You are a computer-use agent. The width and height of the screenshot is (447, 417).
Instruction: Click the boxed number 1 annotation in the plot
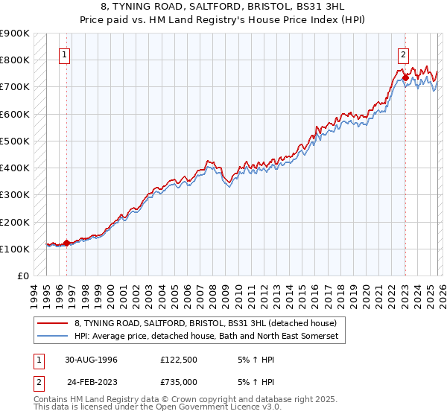(x=65, y=54)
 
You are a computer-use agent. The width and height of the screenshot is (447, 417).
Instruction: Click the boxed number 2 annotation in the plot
(x=403, y=54)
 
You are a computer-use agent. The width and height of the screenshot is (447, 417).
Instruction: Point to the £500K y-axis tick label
(x=15, y=141)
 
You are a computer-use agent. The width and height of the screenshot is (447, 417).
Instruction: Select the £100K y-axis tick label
(x=15, y=249)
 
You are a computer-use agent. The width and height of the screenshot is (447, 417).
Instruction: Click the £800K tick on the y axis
(x=15, y=60)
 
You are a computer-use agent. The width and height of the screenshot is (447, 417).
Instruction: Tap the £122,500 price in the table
(x=179, y=359)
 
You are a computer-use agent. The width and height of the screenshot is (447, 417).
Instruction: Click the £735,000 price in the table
(x=179, y=382)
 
